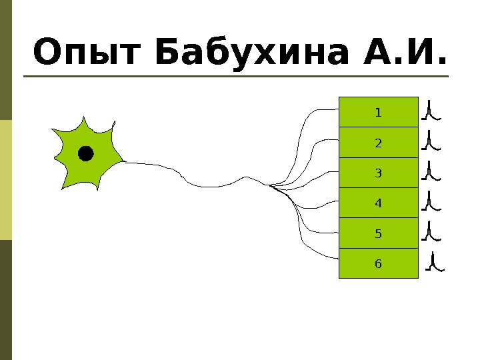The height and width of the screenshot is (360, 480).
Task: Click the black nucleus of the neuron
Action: click(x=85, y=154)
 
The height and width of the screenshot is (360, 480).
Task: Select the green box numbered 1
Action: click(x=379, y=112)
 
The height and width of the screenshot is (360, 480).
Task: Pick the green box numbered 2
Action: click(x=379, y=143)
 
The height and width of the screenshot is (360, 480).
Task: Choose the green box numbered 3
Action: click(x=379, y=173)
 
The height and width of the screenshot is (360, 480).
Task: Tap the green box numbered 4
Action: click(x=379, y=203)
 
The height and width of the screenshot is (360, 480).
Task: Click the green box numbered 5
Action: click(x=379, y=233)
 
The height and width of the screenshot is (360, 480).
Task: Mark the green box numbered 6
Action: click(x=379, y=263)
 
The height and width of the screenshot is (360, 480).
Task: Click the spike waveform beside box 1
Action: click(x=431, y=111)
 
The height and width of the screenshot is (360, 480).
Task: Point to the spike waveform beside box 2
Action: click(x=431, y=141)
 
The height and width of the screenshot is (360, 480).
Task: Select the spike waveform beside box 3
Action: click(x=431, y=171)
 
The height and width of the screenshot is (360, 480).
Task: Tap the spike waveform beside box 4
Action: click(x=431, y=201)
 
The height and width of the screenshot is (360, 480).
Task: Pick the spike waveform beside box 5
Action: click(x=431, y=231)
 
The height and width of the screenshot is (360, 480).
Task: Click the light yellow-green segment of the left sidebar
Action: click(x=6, y=180)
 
